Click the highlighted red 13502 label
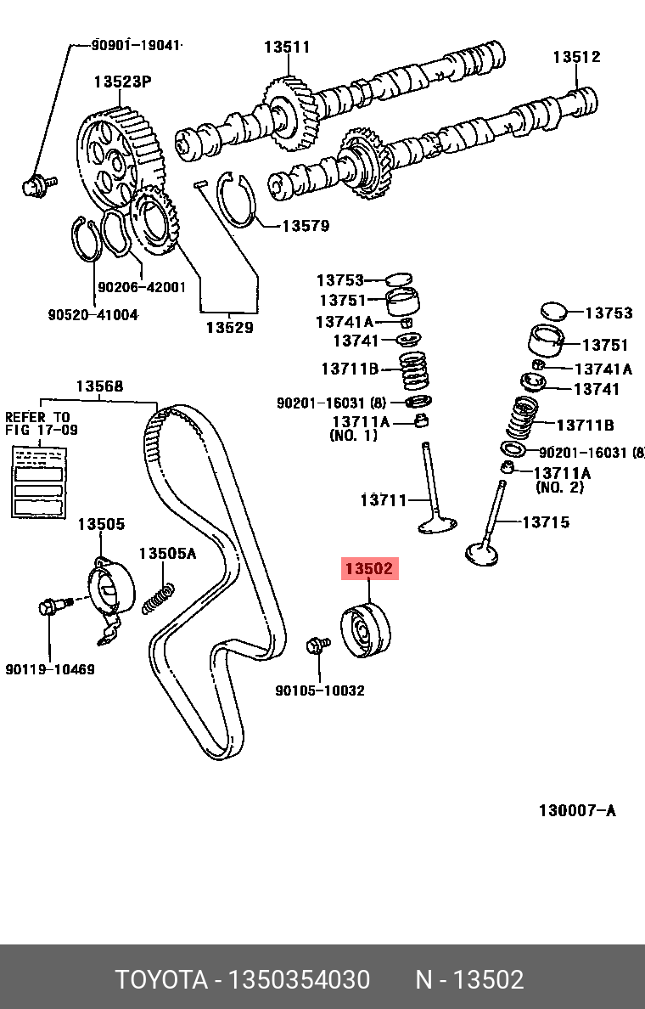(369, 569)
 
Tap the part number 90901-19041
(137, 46)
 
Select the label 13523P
(122, 82)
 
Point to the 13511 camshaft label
(286, 48)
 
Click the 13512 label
(576, 57)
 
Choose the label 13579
(306, 226)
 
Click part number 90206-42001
(142, 287)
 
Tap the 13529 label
(229, 327)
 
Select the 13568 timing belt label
(99, 386)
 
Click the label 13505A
(167, 554)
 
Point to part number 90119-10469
(49, 669)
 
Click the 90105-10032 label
(320, 691)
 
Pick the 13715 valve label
(545, 522)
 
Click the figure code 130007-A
(577, 810)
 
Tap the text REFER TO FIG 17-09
(41, 424)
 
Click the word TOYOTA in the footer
(161, 980)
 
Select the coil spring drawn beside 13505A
(159, 597)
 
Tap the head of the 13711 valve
(438, 526)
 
